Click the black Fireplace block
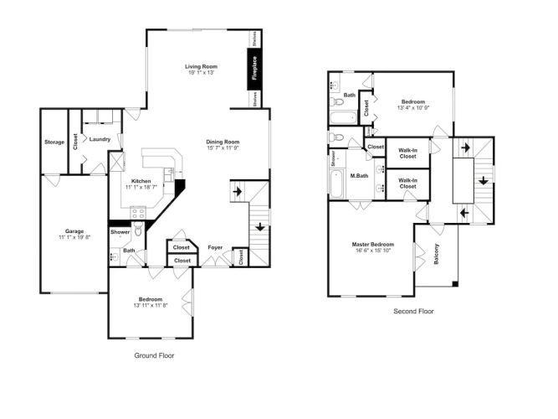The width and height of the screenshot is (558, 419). [254, 69]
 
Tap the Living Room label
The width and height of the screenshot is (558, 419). [201, 67]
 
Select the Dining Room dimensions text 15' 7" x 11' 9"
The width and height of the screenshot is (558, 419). [223, 148]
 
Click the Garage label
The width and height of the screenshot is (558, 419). [74, 231]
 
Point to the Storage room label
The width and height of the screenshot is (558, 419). [54, 142]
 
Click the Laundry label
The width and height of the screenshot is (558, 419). [100, 139]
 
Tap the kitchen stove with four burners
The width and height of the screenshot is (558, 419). [138, 213]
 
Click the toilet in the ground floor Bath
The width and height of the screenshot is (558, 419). [139, 229]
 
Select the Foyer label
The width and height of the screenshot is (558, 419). [215, 247]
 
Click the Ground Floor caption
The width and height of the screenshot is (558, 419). [154, 355]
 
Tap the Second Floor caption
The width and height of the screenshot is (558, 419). [413, 311]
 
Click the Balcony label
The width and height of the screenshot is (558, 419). [437, 254]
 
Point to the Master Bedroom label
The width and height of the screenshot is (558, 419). [373, 245]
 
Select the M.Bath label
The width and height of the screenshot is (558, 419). [359, 176]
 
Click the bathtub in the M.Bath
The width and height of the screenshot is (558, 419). [336, 184]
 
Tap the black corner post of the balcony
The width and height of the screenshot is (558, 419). [455, 284]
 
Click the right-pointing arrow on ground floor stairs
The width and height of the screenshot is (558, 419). [238, 192]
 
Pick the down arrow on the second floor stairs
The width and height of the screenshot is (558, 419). [483, 180]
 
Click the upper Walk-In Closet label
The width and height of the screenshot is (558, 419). [407, 153]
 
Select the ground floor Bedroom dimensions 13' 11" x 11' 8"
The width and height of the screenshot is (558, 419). [151, 305]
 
